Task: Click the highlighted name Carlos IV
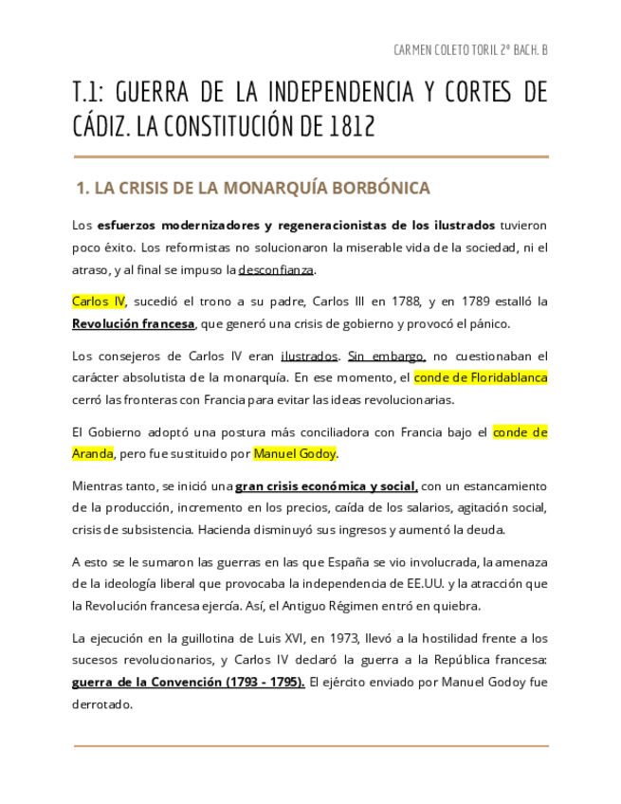coord(99,301)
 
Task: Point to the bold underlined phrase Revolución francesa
coord(134,323)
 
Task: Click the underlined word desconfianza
coord(276,269)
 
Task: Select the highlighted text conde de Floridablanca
coord(481,377)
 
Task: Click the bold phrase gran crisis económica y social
coord(326,486)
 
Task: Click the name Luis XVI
coord(260,638)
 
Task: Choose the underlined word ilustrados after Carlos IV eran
coord(309,356)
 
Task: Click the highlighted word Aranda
coord(93,453)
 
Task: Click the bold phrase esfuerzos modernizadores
coord(179,226)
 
